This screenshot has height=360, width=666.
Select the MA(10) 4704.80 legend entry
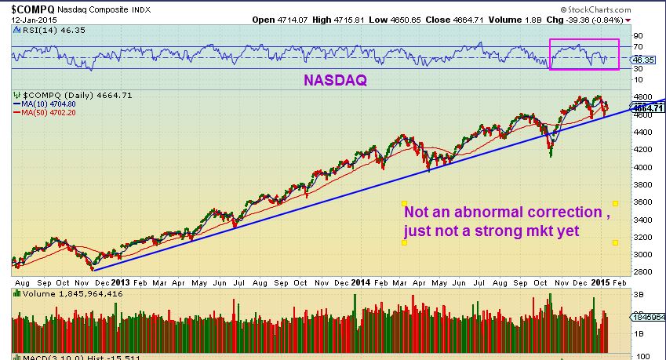pos(49,103)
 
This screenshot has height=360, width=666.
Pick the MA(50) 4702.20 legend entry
pos(49,112)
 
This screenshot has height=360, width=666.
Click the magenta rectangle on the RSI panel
pos(584,53)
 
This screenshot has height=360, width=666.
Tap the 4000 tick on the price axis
pos(639,167)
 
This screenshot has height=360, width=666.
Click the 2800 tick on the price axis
pos(639,272)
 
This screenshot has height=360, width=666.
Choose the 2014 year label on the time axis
pos(360,282)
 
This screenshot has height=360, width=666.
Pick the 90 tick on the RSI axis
pos(638,35)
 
